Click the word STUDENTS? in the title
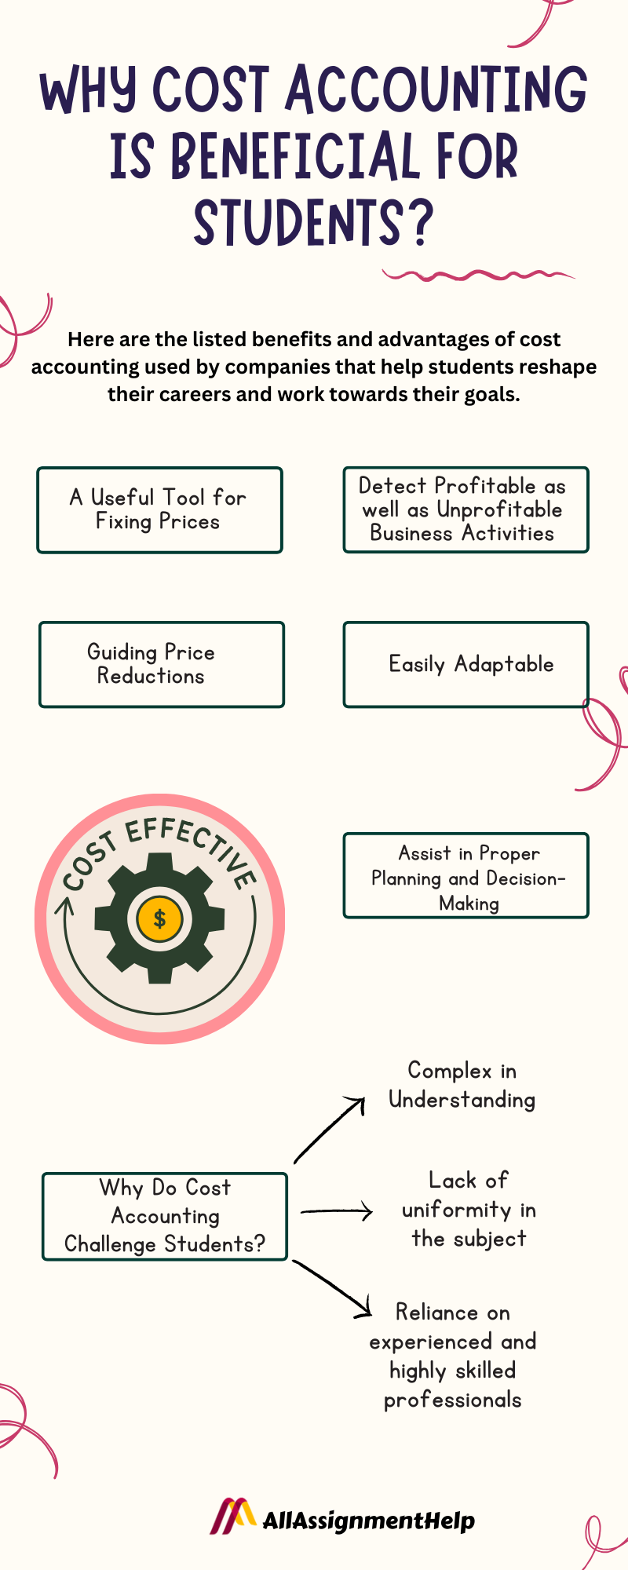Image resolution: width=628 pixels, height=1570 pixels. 313,223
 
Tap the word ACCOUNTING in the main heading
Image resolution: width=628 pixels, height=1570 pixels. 436,89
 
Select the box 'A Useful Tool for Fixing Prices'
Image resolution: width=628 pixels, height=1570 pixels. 159,510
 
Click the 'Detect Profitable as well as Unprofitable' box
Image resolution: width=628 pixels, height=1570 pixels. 466,510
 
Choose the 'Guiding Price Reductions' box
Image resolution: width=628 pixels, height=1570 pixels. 161,665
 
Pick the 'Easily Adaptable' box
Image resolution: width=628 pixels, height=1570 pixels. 466,665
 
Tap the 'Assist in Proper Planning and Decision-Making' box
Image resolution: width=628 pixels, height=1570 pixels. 466,876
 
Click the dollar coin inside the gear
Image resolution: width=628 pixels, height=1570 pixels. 159,918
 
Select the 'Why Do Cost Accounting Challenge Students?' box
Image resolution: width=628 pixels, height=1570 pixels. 165,1217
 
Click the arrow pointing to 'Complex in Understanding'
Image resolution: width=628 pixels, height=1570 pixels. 330,1130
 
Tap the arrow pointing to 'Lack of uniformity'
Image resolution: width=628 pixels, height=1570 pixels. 337,1212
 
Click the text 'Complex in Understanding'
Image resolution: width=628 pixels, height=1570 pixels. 462,1086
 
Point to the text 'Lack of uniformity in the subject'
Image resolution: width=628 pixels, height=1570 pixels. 469,1210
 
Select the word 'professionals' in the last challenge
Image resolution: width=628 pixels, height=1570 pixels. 453,1400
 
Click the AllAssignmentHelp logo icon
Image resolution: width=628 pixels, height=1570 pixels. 232,1516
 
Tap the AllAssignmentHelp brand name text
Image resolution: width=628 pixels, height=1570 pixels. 368,1521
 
